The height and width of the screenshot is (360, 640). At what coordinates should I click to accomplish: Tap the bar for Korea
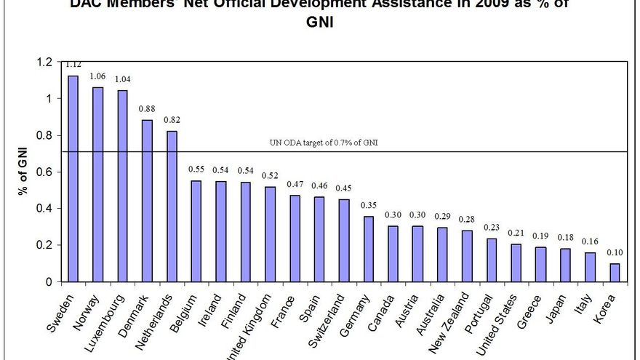click(x=615, y=272)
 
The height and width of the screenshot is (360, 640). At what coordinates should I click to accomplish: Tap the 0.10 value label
click(x=615, y=252)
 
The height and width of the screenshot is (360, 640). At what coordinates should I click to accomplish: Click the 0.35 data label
click(x=369, y=205)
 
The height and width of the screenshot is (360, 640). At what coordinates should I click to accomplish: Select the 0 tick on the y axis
click(x=47, y=281)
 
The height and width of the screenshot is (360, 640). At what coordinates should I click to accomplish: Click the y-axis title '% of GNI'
click(x=24, y=172)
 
